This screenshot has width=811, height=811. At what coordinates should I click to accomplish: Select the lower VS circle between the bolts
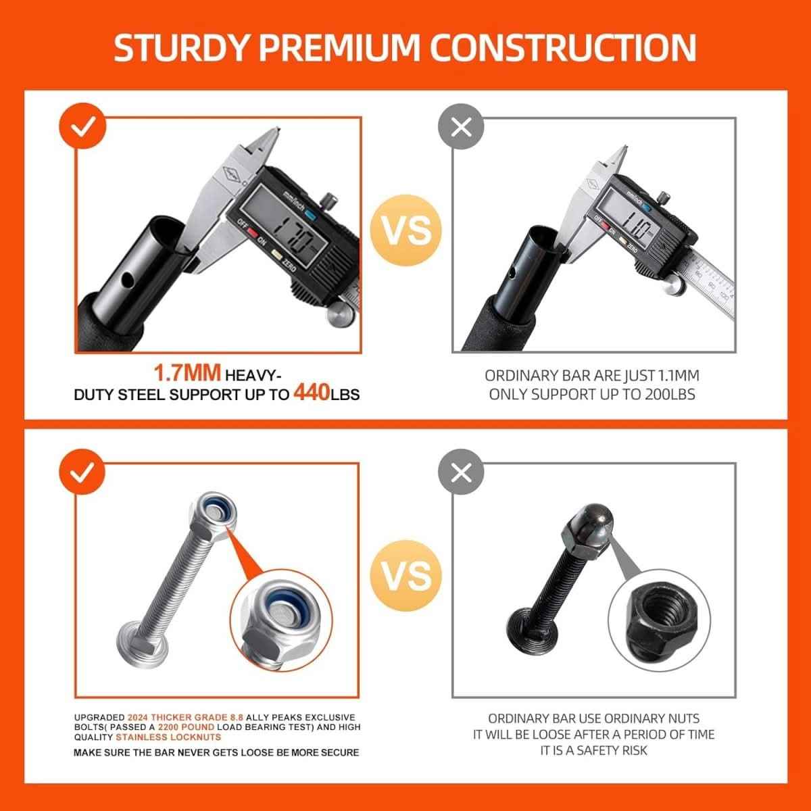(408, 575)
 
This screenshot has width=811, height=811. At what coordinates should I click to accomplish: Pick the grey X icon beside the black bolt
(461, 472)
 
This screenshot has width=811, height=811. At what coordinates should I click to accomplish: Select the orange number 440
(311, 393)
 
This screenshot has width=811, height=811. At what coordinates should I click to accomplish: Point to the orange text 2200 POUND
(179, 727)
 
